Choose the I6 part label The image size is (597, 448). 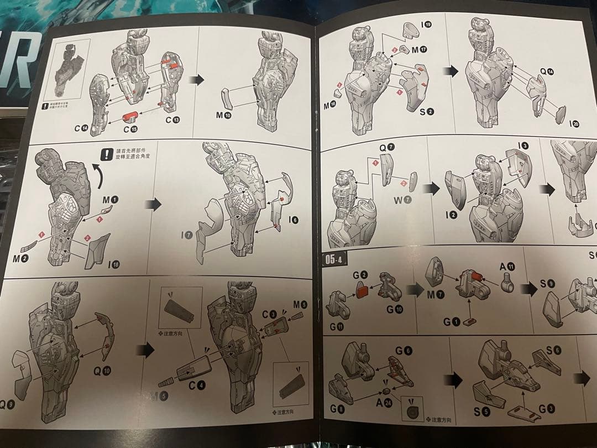(x=294, y=220)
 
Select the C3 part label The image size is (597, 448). (x=270, y=314)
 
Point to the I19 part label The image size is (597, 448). (x=426, y=24)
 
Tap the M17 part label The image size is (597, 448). (x=420, y=50)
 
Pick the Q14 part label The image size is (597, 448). (x=547, y=71)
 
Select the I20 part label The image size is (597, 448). (x=574, y=124)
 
